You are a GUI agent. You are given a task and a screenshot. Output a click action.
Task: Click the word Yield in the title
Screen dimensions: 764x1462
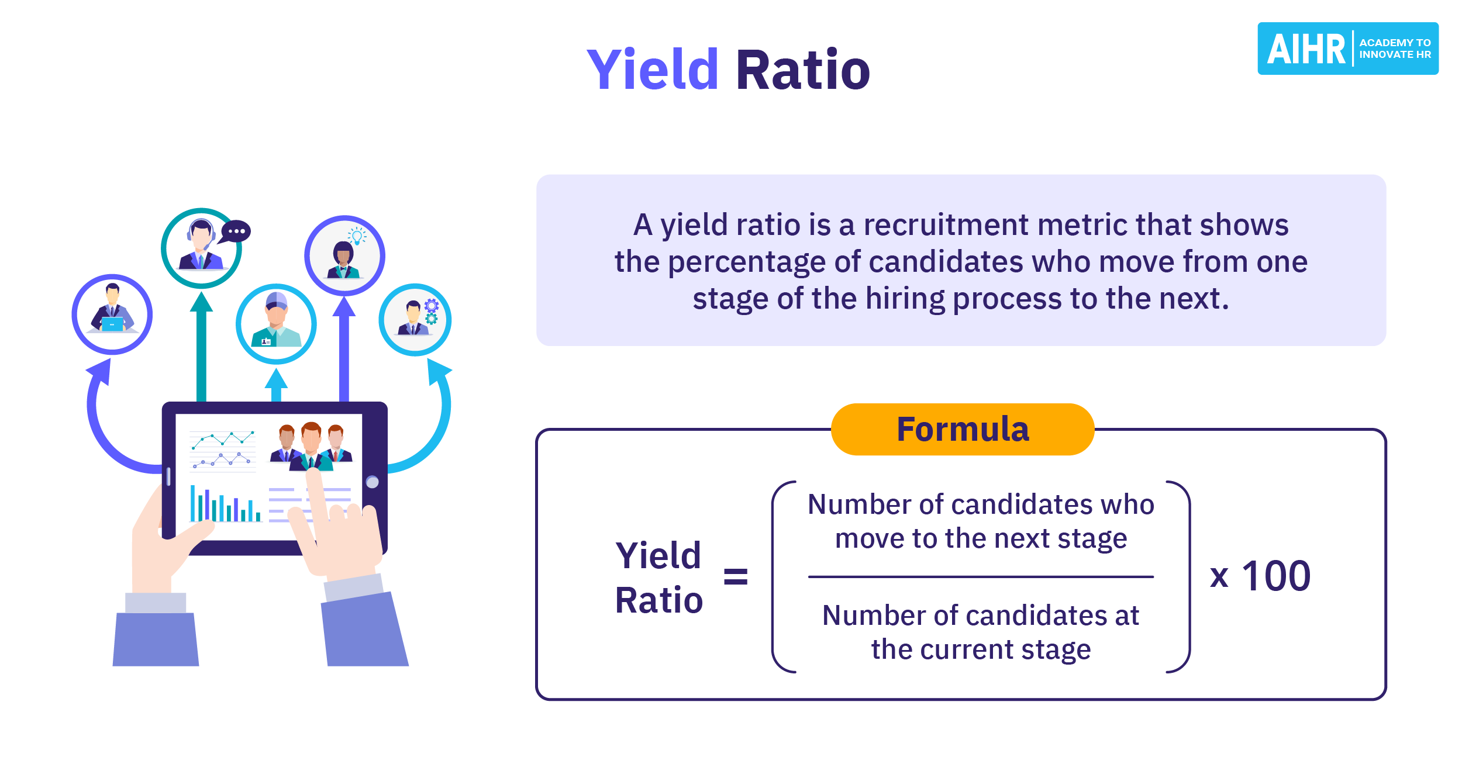click(652, 70)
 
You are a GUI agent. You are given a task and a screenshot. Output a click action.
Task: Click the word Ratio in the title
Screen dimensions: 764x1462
click(803, 70)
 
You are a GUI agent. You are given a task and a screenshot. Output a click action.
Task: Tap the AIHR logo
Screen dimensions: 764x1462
click(1347, 49)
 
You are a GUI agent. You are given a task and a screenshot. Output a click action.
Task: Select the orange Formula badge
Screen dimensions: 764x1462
click(962, 430)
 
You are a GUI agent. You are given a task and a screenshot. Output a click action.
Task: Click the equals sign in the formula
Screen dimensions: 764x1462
click(735, 576)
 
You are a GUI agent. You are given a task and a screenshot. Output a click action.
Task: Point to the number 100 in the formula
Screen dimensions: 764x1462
click(1276, 576)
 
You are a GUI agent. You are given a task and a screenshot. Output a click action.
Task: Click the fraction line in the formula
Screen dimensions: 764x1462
click(981, 577)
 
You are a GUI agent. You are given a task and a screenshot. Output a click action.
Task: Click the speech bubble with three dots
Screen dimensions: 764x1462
click(236, 231)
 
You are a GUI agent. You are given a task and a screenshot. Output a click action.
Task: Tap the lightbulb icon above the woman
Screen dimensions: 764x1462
click(357, 236)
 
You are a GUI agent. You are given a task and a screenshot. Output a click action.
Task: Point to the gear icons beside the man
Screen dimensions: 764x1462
click(432, 312)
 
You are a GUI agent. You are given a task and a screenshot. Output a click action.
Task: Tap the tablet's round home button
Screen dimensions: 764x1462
click(373, 482)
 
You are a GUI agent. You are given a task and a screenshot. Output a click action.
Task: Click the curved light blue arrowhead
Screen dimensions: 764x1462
click(438, 371)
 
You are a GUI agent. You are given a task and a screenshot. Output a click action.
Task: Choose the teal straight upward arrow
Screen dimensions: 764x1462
click(201, 345)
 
